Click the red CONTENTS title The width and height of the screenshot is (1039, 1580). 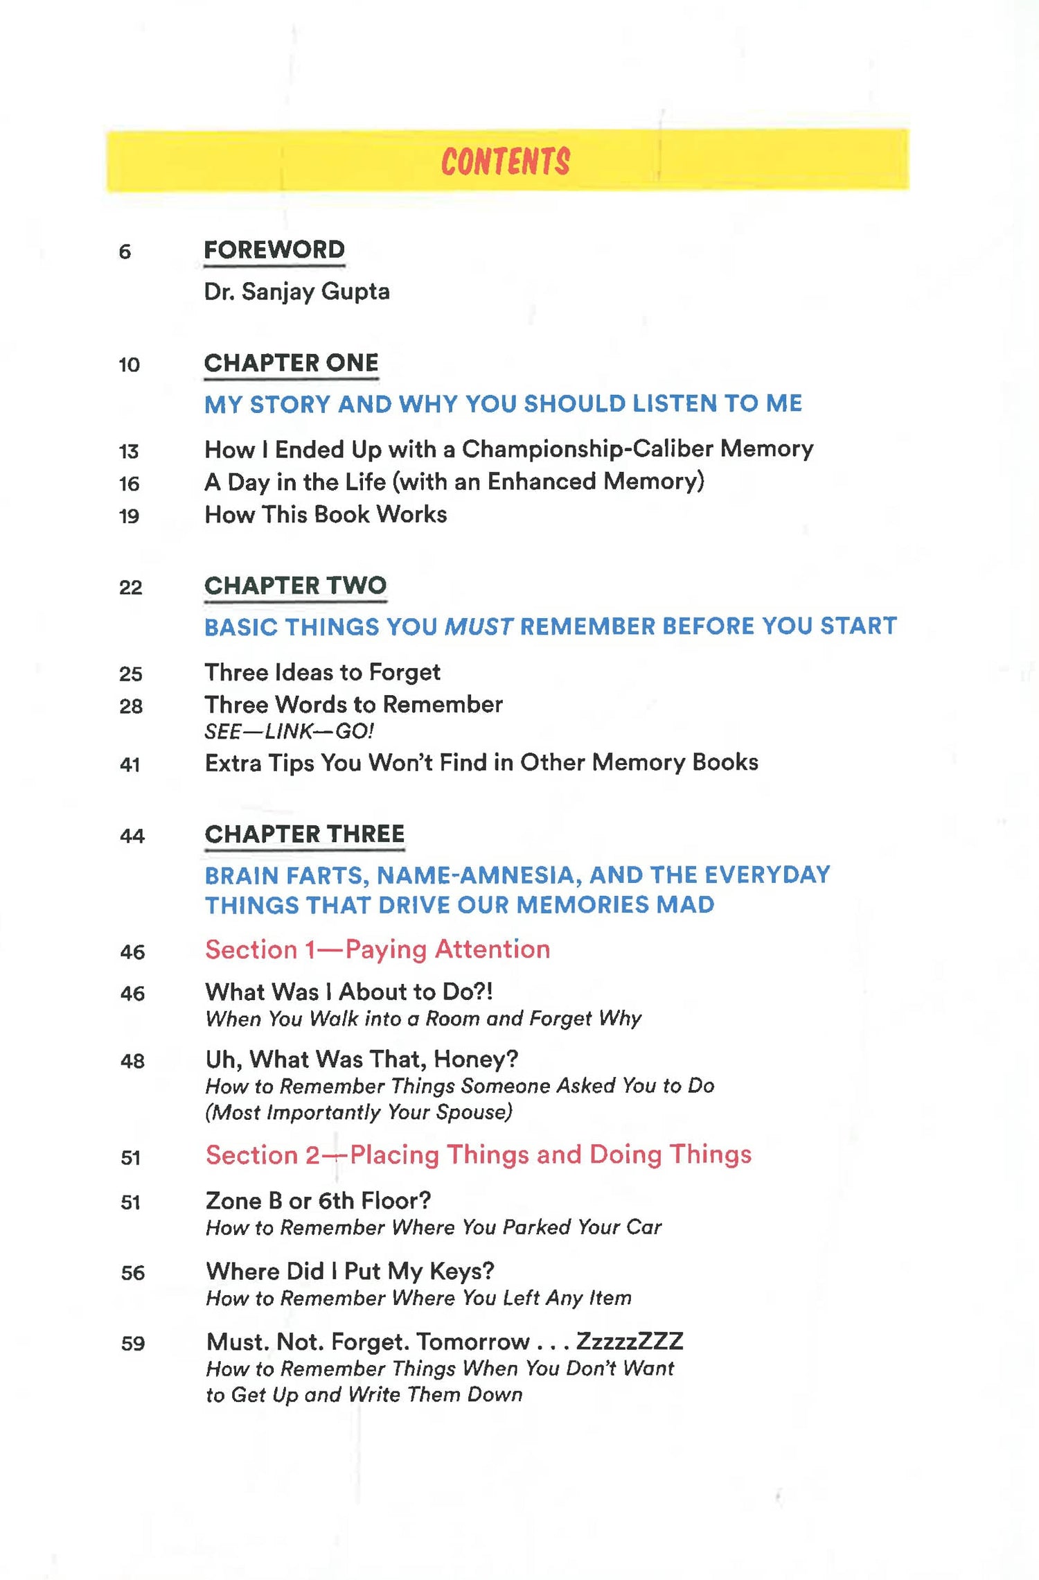coord(506,161)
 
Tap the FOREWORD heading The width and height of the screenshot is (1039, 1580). coord(274,250)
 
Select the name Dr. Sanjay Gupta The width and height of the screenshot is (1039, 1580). coord(296,292)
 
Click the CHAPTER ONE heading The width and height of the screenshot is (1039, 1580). coord(291,363)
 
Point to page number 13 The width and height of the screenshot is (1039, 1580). coord(129,452)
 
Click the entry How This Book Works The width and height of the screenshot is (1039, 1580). coord(326,515)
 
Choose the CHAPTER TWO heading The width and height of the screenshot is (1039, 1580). coord(295,586)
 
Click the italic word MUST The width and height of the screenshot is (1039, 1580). coord(479,627)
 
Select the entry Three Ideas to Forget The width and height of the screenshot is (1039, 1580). coord(322,672)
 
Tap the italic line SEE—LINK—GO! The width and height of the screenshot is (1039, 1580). coord(289,732)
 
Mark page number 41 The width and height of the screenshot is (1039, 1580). coord(130,765)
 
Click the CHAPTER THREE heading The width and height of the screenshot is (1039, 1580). coord(305,834)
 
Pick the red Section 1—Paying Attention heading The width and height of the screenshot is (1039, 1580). coord(378,950)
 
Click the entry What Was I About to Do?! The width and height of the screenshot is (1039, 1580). coord(349,992)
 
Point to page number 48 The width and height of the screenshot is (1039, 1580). coord(132,1062)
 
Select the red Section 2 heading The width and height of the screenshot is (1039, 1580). coord(478,1155)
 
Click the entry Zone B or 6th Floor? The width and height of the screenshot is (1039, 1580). coord(318,1201)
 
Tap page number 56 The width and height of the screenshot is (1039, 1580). coord(132,1273)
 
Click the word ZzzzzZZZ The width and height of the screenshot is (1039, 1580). coord(630,1342)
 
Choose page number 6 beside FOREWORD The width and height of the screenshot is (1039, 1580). coord(125,252)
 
